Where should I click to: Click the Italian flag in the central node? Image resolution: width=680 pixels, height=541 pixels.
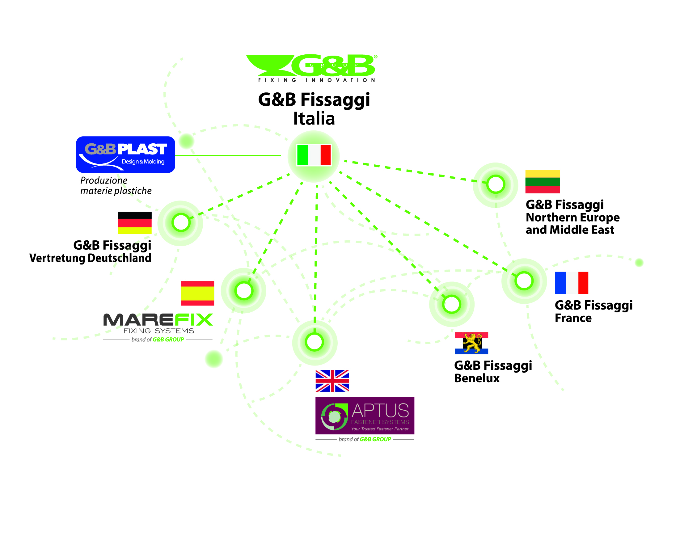[314, 155]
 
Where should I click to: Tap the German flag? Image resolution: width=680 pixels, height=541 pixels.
[135, 223]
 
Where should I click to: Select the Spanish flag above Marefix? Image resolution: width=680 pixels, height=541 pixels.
[197, 293]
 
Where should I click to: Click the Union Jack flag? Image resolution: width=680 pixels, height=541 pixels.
[332, 381]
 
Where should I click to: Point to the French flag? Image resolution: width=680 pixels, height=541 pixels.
[572, 283]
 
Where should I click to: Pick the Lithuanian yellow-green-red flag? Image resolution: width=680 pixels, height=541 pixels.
[543, 181]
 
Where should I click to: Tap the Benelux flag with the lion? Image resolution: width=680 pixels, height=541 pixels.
[471, 343]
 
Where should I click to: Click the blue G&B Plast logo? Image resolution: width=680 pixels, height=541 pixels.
[125, 154]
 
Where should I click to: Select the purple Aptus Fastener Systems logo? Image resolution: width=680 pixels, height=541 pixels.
[365, 416]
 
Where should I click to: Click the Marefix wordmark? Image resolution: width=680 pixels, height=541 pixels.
[158, 320]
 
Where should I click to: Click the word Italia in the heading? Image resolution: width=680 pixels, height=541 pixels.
[314, 119]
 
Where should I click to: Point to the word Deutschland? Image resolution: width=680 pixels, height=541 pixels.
[119, 258]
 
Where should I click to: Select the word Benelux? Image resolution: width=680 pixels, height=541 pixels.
[477, 378]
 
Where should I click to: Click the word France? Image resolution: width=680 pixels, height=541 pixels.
[573, 318]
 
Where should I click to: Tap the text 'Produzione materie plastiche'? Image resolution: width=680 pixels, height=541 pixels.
[116, 185]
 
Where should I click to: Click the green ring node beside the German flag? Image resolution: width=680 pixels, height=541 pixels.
[181, 223]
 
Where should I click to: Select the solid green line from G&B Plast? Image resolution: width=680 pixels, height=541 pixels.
[228, 155]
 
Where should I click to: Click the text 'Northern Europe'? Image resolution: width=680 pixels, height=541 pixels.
[573, 217]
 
